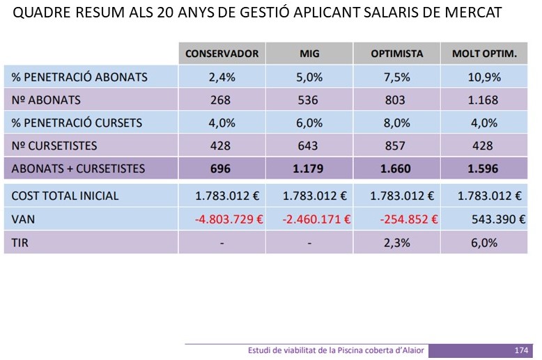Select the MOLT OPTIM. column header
484,54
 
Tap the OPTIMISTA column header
396,54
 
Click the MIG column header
309,54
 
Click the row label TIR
21,242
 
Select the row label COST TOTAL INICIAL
65,196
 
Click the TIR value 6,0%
483,242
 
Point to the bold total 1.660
396,169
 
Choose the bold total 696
220,169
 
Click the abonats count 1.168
483,100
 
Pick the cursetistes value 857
396,146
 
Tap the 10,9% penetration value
483,77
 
